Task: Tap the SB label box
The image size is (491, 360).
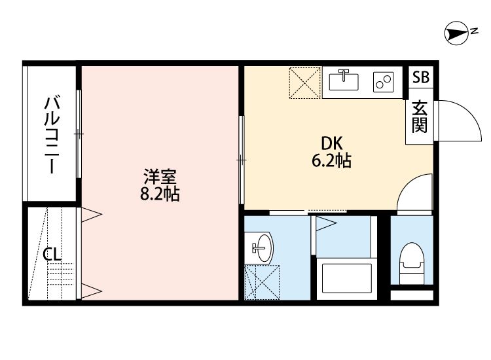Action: (x=420, y=77)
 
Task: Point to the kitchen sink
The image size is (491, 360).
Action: (x=344, y=82)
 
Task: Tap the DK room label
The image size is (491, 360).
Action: (x=330, y=143)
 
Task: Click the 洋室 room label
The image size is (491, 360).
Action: (x=160, y=176)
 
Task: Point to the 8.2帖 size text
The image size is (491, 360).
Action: (x=160, y=194)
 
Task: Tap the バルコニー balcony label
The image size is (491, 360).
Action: (x=52, y=135)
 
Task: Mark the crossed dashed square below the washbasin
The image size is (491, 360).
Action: (x=262, y=282)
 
